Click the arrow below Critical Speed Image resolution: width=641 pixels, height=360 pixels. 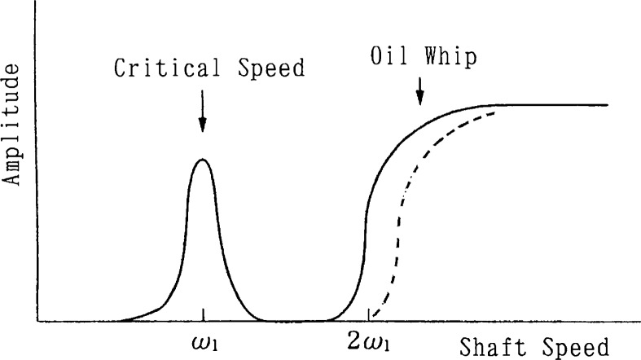[x=203, y=114]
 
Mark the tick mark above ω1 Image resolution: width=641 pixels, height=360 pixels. [x=203, y=316]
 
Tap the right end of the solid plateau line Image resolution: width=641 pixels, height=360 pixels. [x=607, y=105]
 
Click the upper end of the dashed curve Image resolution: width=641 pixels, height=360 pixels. [x=495, y=113]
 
